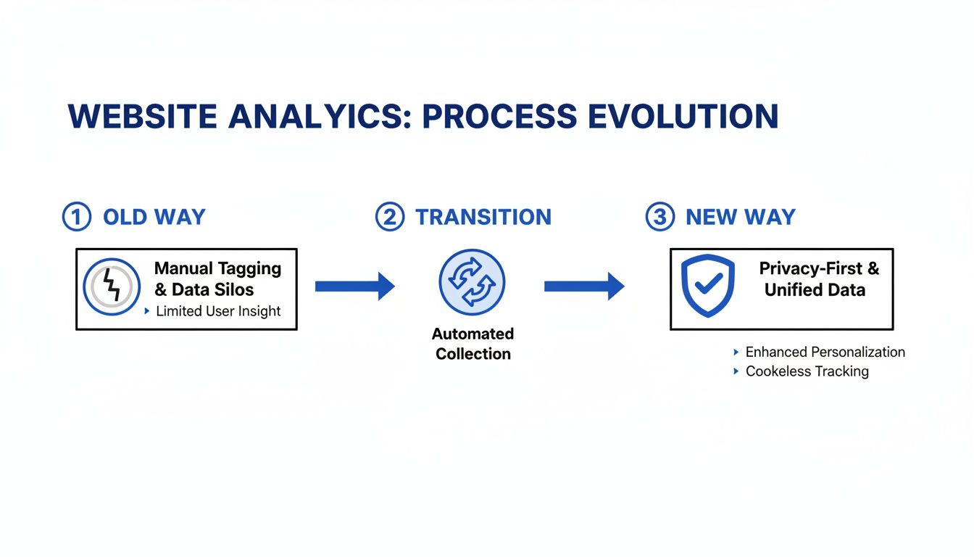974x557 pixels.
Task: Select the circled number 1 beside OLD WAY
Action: [77, 217]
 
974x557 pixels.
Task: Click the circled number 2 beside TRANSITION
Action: [389, 217]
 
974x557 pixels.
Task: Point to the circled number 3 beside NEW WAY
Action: [659, 217]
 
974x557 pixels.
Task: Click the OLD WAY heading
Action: [154, 217]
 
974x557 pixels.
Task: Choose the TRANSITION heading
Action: [483, 217]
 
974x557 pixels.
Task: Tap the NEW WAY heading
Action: [741, 217]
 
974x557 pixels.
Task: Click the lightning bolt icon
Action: [112, 286]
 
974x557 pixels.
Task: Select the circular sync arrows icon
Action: [472, 282]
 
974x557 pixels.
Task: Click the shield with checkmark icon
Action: [708, 285]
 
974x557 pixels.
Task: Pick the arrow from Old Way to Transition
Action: [354, 286]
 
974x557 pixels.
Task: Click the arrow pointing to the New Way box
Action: [583, 286]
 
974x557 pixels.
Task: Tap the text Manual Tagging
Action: [217, 268]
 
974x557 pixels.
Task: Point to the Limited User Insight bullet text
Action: [218, 311]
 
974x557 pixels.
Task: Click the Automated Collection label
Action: [473, 344]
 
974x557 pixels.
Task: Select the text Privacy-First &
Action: [819, 268]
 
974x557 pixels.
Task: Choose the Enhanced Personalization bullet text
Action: [825, 352]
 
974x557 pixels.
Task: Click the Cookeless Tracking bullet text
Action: [807, 371]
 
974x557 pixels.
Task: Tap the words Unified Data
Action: [815, 290]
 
